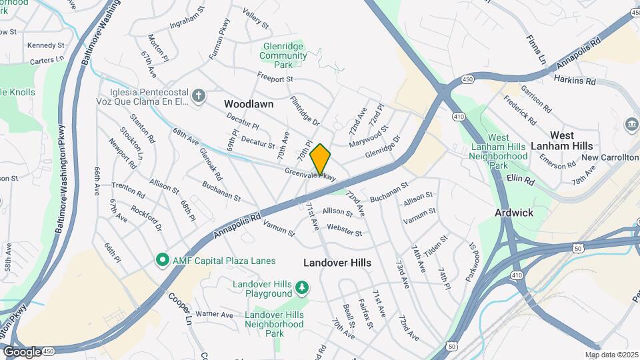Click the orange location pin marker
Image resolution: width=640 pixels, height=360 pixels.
click(321, 159)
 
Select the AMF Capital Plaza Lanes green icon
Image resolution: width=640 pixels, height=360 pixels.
click(161, 259)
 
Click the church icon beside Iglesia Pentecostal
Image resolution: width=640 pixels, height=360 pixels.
click(198, 97)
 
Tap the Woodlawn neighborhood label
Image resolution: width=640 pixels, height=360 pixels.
click(249, 104)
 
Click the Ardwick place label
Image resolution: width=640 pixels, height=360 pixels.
click(514, 213)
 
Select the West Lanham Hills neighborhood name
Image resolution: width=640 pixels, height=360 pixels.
click(562, 141)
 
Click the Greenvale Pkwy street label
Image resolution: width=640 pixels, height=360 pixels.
click(310, 175)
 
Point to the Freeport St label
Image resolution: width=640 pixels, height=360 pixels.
click(276, 79)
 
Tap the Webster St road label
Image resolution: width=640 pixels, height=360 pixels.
click(344, 233)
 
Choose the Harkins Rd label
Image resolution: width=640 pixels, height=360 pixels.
click(574, 81)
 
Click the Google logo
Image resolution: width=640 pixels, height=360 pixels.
click(22, 351)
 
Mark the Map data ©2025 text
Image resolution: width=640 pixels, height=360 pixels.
click(611, 355)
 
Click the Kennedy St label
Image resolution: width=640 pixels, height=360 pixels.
click(45, 45)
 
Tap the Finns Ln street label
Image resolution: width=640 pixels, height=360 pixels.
click(536, 50)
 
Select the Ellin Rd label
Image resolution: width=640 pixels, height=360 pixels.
click(521, 180)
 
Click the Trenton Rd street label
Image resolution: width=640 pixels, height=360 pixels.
click(128, 190)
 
